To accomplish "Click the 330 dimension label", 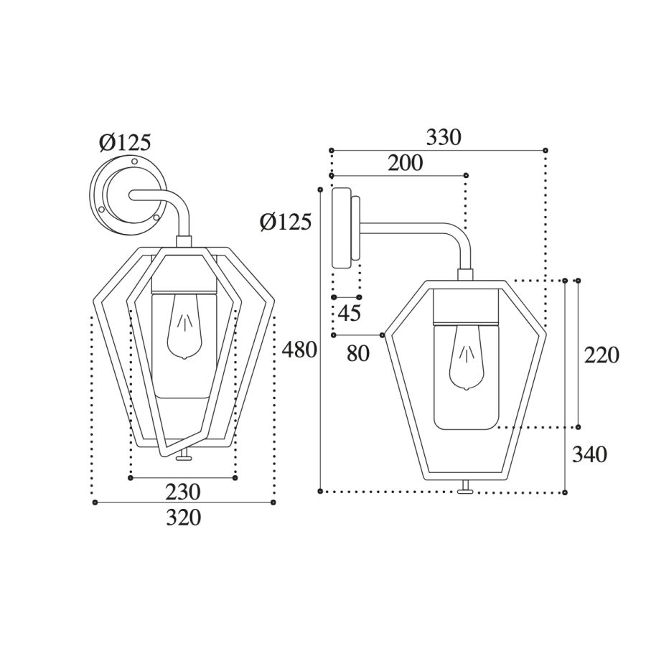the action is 444,138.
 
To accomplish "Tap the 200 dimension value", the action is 406,163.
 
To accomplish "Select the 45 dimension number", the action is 350,313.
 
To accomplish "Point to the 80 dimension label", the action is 358,353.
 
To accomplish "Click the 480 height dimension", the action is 299,350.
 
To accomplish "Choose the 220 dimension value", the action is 601,355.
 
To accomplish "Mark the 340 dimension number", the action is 589,455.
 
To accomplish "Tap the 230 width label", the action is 183,492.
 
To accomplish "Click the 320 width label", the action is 183,518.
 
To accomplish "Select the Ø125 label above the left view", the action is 125,143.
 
